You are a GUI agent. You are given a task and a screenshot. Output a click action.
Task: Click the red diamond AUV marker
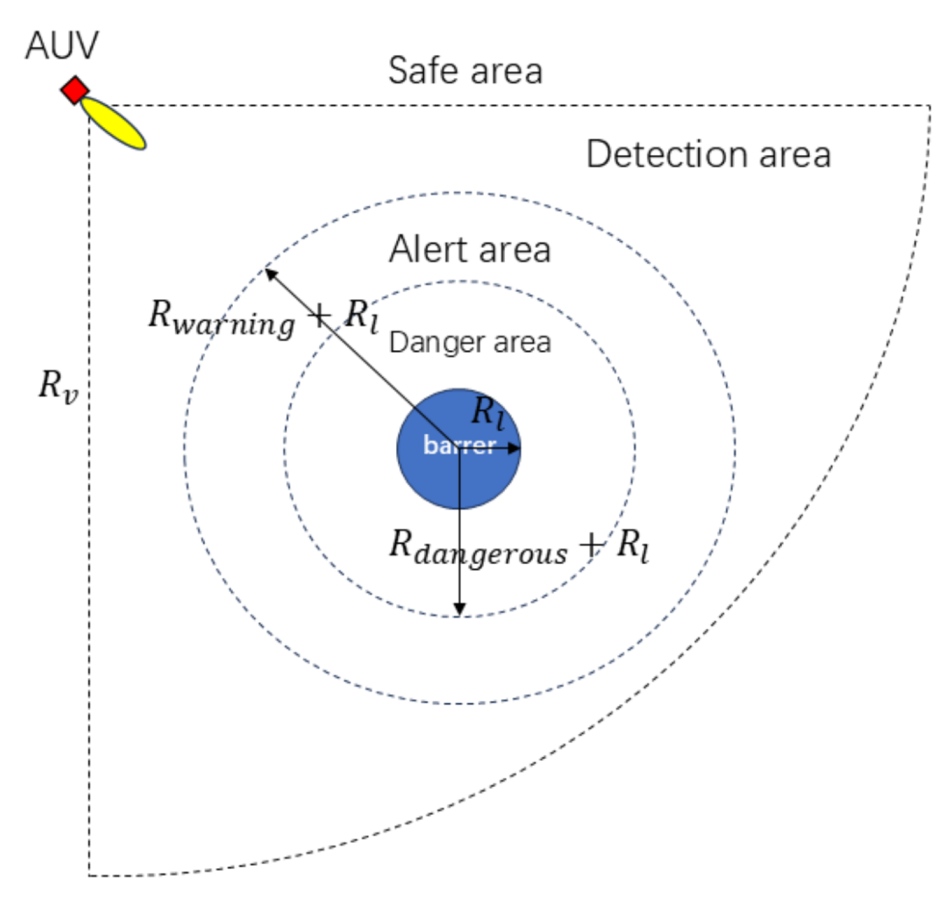(x=75, y=90)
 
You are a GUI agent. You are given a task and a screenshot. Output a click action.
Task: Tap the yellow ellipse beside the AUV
(x=113, y=123)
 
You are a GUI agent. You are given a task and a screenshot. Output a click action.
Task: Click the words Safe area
(x=465, y=70)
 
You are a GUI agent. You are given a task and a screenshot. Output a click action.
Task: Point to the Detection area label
(x=708, y=154)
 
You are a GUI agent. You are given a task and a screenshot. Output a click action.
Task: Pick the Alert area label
(x=470, y=250)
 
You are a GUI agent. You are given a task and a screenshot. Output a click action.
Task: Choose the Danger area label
(x=470, y=342)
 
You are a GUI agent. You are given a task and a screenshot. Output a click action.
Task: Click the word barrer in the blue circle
(x=459, y=445)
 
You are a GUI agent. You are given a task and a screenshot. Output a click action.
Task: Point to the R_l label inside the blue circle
(x=488, y=412)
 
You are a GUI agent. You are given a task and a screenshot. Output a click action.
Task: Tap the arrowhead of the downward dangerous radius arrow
(x=459, y=610)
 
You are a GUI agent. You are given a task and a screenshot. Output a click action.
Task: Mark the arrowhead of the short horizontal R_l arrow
(x=514, y=448)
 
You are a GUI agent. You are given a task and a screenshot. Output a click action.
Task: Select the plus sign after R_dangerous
(x=592, y=545)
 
